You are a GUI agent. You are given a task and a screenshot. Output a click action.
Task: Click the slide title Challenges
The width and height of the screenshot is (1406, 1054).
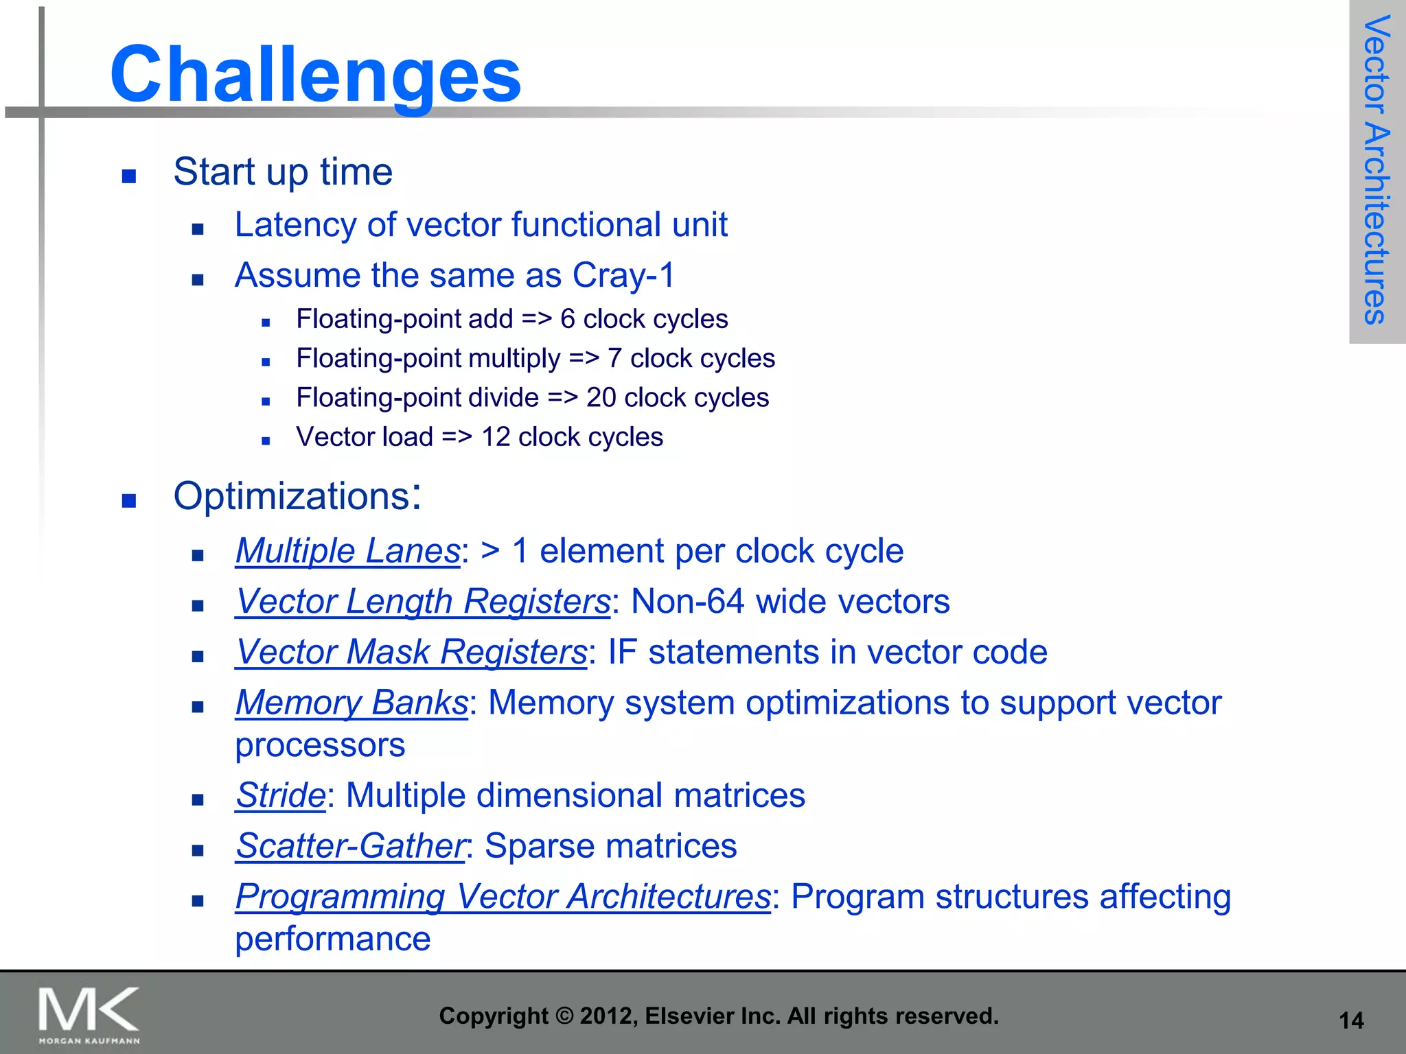pos(316,74)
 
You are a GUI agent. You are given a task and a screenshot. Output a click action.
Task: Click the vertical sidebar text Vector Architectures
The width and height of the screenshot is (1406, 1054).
pos(1376,169)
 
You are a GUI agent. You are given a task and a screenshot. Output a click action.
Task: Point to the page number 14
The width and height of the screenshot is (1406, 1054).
pos(1351,1021)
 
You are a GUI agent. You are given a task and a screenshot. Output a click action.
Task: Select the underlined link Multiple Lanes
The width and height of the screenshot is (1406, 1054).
pos(347,551)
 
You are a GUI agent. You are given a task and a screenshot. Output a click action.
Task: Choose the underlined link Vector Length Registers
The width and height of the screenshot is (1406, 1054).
pos(422,602)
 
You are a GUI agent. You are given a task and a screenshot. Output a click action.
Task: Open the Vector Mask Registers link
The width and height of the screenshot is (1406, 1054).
pos(411,652)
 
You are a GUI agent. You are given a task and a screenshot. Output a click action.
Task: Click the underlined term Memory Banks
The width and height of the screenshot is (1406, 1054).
pos(351,703)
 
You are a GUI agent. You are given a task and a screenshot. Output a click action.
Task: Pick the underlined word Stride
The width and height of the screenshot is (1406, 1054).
pos(280,795)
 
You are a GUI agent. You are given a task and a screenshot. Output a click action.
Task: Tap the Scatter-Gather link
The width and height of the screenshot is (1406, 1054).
pos(350,846)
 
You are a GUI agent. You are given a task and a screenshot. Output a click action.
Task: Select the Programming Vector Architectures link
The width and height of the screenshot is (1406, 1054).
pos(503,897)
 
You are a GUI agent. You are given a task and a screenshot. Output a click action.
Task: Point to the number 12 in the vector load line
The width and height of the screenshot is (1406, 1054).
pos(495,437)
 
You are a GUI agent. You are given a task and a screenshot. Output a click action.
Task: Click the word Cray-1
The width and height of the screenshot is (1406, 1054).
pos(623,275)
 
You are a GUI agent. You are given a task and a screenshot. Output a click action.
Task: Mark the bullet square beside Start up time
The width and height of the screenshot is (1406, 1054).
pos(129,176)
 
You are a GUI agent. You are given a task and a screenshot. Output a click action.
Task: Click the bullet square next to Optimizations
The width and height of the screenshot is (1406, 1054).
pos(129,501)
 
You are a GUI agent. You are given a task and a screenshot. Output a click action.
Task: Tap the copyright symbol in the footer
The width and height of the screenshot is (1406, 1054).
pos(564,1016)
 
